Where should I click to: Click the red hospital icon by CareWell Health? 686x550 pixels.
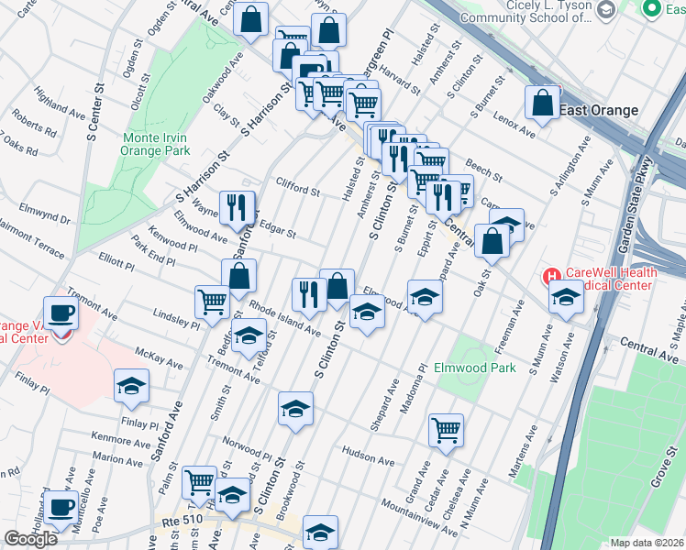point(552,276)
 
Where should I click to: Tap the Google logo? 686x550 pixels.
point(30,539)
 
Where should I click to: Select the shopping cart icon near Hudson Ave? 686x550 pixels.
point(446,430)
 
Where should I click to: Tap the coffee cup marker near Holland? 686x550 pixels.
point(62,507)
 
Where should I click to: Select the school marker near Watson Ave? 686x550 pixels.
point(566,296)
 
